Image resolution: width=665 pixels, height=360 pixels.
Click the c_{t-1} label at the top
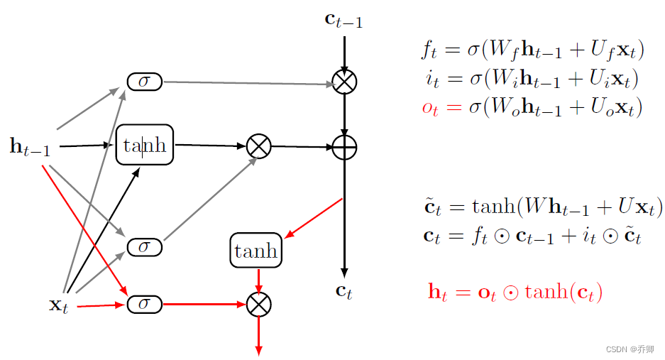344,20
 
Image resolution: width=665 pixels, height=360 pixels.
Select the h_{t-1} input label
30,147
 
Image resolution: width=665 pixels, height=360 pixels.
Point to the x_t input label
58,306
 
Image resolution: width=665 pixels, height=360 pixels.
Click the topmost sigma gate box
145,82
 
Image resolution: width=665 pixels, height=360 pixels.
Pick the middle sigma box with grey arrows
145,246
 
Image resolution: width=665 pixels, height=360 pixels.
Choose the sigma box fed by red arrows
145,305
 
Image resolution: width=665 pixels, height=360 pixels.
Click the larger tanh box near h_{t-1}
145,146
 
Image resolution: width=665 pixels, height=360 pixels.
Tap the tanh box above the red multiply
255,251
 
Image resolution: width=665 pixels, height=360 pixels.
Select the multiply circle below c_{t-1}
344,82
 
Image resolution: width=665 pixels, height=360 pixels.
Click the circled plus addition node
344,148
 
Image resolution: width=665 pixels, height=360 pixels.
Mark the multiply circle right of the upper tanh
258,147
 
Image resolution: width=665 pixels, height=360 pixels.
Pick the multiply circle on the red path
258,305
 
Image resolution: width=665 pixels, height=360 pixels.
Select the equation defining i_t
532,79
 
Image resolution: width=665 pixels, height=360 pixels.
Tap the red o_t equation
532,108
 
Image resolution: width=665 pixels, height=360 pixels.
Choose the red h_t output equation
515,291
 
